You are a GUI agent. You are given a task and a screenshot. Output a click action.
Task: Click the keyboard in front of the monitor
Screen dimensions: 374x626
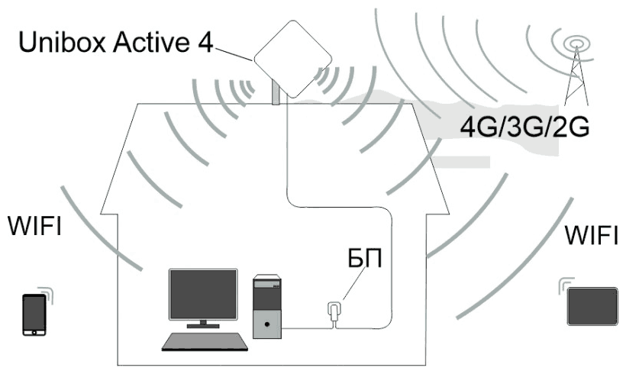[205, 341]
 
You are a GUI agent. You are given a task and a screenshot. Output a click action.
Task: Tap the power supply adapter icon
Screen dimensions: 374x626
[333, 312]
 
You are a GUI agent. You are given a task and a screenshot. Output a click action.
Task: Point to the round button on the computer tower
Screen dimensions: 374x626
[266, 324]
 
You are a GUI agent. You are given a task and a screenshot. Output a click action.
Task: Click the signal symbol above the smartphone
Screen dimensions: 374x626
[47, 292]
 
